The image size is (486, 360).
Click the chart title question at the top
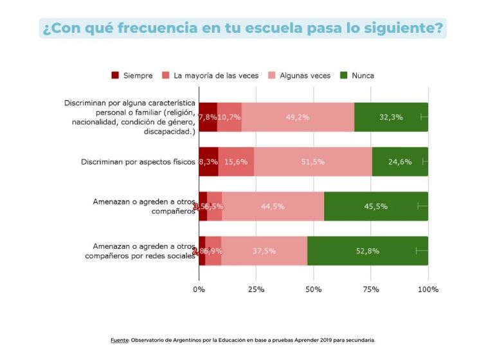243,28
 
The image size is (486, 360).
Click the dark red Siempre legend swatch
116,75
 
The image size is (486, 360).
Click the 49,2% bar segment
298,117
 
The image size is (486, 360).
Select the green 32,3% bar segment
391,117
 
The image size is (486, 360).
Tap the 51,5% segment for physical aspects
312,161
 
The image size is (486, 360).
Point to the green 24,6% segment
400,161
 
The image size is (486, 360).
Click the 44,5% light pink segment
273,206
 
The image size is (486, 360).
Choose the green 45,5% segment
376,206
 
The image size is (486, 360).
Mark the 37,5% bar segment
264,251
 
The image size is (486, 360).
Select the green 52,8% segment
368,251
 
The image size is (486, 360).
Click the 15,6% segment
236,161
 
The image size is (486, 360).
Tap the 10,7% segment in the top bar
229,117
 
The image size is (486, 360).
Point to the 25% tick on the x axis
256,289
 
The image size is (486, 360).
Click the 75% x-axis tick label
371,289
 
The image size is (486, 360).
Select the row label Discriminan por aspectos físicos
138,161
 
